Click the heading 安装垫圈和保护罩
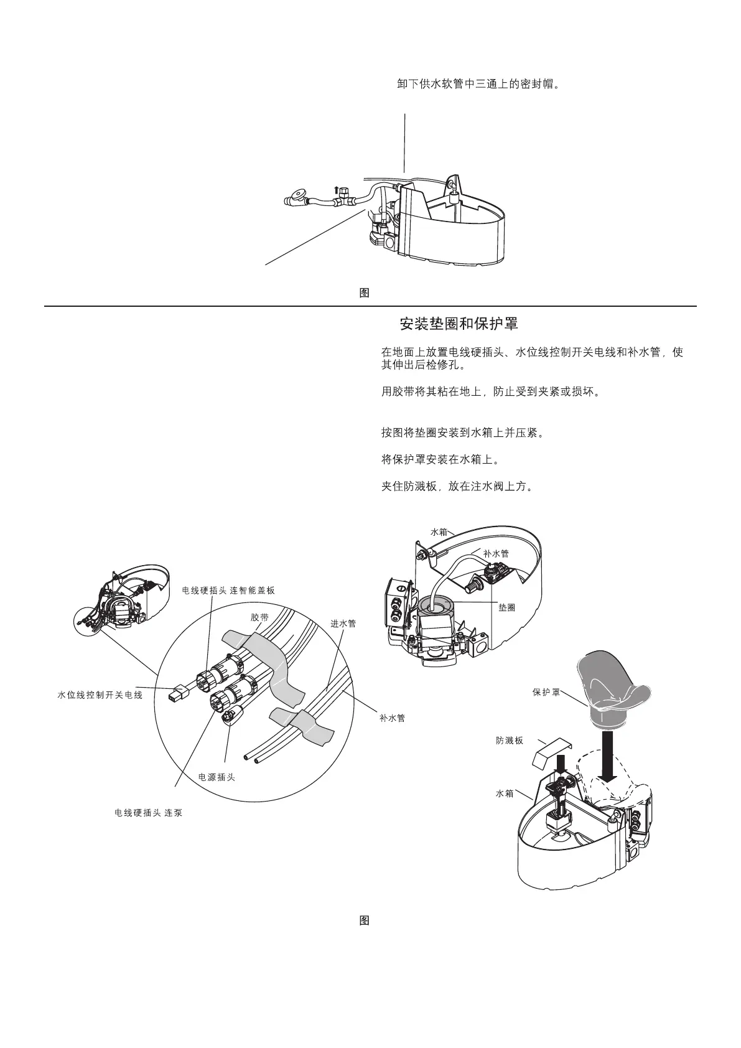459,324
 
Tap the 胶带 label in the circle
259,617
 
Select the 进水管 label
343,624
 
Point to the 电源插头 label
217,777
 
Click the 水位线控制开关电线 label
100,695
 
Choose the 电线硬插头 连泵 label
149,813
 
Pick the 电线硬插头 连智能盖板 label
228,590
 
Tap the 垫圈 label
506,607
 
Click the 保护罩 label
546,691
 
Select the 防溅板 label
510,741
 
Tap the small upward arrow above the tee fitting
337,190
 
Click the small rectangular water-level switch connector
177,692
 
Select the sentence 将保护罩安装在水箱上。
440,459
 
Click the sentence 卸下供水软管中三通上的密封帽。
478,83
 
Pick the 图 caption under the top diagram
365,293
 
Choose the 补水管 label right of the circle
393,718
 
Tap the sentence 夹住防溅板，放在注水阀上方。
457,487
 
